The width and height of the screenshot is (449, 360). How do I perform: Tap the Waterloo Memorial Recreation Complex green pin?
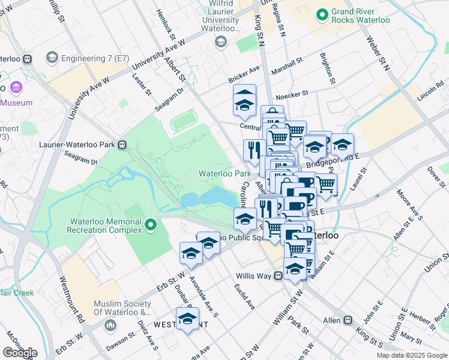point(151,225)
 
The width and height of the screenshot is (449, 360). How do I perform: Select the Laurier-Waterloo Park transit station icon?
point(122,144)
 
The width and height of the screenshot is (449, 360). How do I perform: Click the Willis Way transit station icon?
point(278,277)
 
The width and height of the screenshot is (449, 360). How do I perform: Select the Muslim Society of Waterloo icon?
point(110,325)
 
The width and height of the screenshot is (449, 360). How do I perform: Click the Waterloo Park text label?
point(225,173)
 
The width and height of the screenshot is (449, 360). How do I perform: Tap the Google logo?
point(20,353)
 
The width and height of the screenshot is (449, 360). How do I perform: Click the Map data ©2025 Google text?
point(412,355)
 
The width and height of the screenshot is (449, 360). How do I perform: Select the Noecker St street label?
point(292,94)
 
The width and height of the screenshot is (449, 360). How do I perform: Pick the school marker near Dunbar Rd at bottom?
point(187,319)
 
